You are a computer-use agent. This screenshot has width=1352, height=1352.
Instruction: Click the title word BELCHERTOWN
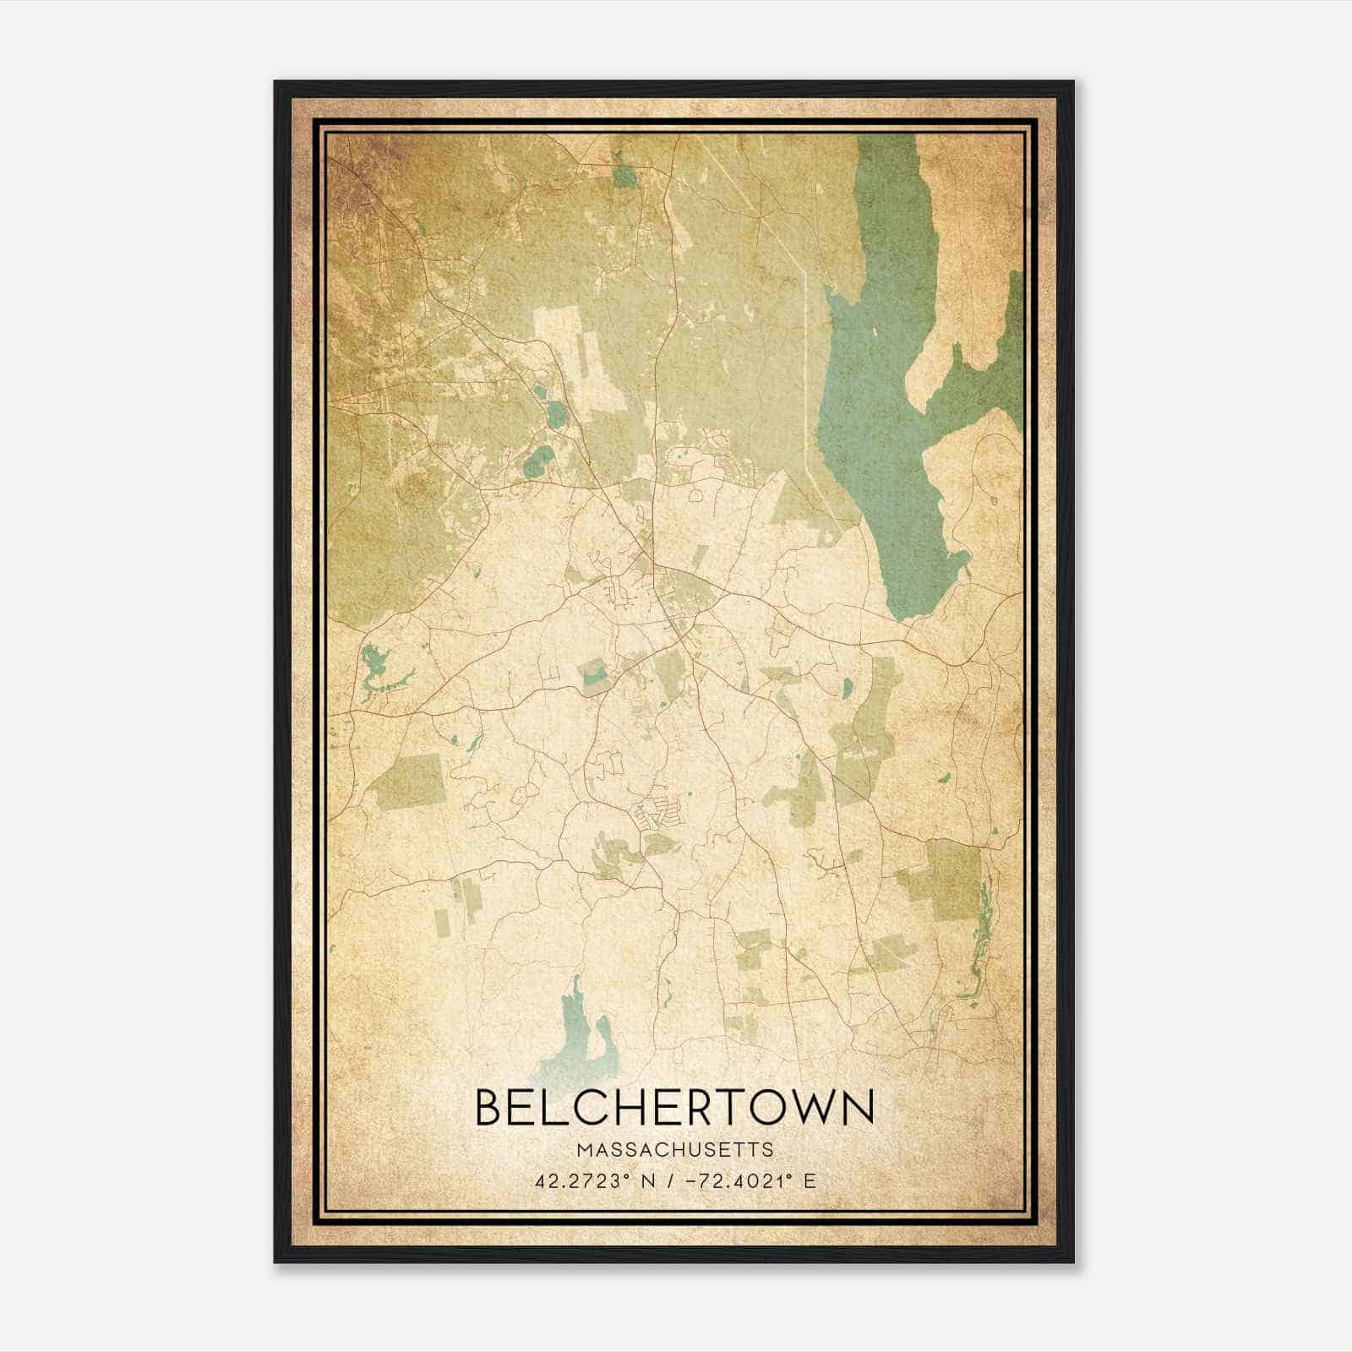675,1108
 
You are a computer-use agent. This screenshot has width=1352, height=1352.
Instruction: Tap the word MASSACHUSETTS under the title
675,1149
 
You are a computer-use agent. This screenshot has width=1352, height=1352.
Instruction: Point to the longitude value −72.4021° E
747,1180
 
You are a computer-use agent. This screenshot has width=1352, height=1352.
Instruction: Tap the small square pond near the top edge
625,176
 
